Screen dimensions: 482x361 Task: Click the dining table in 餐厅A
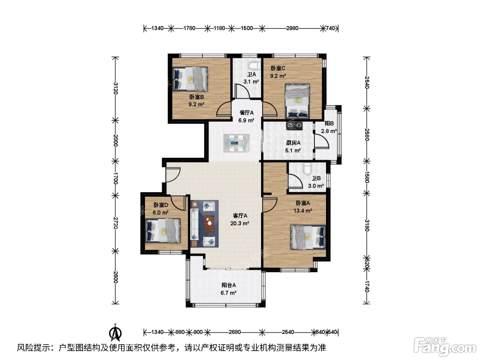[x=236, y=143]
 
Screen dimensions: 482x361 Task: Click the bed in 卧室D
[x=163, y=231]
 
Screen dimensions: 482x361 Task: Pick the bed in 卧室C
[x=297, y=101]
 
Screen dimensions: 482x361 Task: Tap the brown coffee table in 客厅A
[x=209, y=223]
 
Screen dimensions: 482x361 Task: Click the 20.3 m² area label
[x=240, y=223]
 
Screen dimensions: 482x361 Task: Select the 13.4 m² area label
[x=303, y=211]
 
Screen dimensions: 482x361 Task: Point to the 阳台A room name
[x=229, y=285]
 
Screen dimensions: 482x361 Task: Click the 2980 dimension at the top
[x=292, y=28]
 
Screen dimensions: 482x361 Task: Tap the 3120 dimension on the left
[x=116, y=88]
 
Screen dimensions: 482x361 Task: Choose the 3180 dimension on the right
[x=367, y=225]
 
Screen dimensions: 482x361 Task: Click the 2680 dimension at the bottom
[x=234, y=332]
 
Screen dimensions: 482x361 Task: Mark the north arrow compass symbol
[x=115, y=332]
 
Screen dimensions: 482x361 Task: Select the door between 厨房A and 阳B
[x=321, y=141]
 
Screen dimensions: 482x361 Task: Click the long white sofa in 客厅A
[x=195, y=224]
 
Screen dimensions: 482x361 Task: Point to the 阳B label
[x=329, y=124]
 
